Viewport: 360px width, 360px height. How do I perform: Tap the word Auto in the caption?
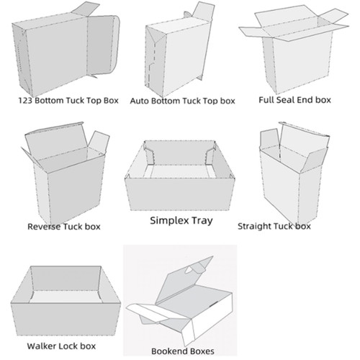(x=141, y=102)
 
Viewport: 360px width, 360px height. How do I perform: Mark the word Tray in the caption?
(x=202, y=221)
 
